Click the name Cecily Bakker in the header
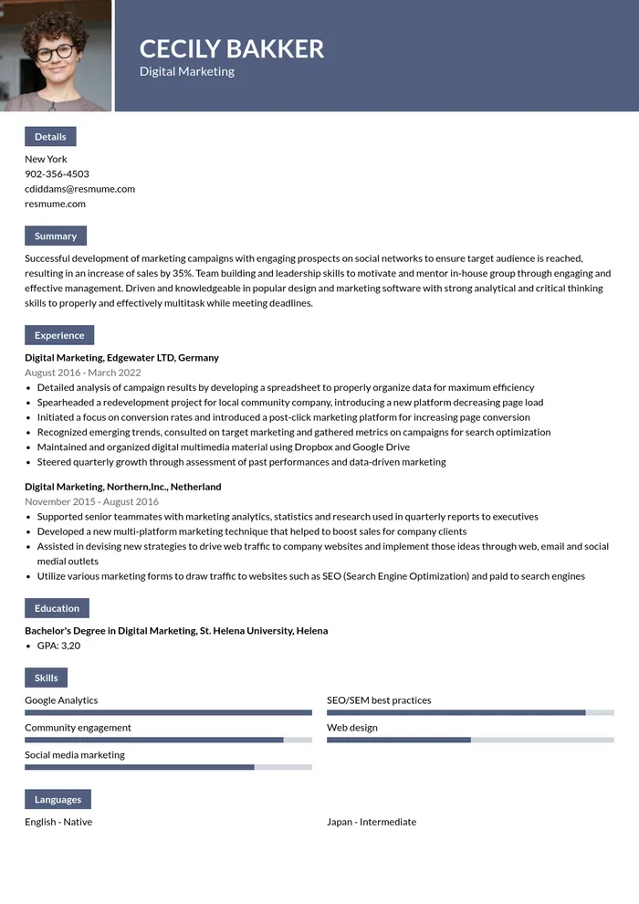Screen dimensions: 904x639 [x=232, y=48]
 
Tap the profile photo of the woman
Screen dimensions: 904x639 [x=55, y=55]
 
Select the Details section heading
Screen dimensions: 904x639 [x=50, y=137]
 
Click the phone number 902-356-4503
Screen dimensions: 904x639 [x=57, y=173]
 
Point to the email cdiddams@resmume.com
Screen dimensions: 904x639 [x=79, y=189]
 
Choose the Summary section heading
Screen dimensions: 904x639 [x=56, y=236]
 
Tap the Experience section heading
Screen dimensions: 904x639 [x=59, y=335]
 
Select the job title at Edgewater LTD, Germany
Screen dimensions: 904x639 [x=121, y=358]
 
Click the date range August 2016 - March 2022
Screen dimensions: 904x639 [x=82, y=373]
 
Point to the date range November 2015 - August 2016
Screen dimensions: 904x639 [x=91, y=501]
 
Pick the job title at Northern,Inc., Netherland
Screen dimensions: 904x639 [x=122, y=487]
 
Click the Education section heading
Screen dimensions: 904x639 [x=57, y=608]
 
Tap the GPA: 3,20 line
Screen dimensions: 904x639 [x=58, y=646]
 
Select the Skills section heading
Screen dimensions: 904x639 [x=46, y=678]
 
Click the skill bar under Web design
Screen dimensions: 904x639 [x=470, y=740]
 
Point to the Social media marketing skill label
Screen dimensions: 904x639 [x=75, y=755]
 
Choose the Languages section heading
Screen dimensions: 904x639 [x=58, y=800]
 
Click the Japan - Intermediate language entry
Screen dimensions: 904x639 [x=372, y=822]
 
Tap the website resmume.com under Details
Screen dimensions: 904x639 [x=55, y=204]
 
